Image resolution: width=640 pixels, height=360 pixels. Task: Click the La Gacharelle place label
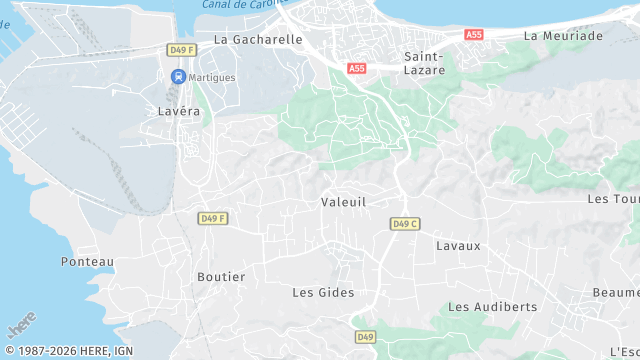coord(258,39)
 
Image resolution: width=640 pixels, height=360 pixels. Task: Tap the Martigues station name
coord(212,77)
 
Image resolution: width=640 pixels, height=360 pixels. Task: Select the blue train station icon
coord(178,77)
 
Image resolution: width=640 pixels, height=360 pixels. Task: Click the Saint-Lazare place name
coord(424,64)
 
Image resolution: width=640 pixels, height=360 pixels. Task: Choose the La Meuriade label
coord(564,36)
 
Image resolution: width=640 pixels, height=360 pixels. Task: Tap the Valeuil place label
coord(344,202)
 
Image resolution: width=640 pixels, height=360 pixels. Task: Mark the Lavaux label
coord(458,245)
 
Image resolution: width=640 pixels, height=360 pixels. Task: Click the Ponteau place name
coord(88,262)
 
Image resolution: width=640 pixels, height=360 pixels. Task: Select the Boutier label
coord(221,277)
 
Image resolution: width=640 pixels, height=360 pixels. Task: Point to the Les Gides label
coord(323,292)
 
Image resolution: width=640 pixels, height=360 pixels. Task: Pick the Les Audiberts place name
coord(492,307)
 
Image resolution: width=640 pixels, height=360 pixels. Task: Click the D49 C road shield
coord(404,224)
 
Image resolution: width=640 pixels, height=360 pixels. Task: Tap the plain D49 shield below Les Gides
coord(365,337)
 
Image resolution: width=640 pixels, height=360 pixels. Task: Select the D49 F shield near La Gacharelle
coord(181,49)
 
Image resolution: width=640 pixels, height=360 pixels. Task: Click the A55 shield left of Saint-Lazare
coord(357,68)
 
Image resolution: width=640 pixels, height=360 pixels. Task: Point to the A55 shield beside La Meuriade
coord(474,35)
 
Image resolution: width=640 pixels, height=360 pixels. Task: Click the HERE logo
coord(20,326)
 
